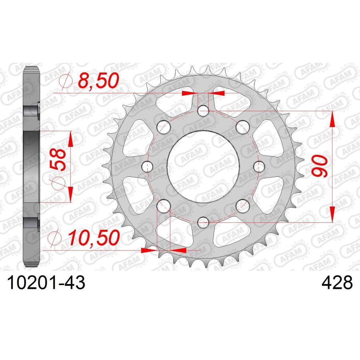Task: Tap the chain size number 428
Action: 337,284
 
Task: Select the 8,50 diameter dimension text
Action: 98,81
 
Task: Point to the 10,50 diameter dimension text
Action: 94,238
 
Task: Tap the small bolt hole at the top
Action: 203,110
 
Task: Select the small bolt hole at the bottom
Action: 203,221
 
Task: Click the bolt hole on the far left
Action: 148,166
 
